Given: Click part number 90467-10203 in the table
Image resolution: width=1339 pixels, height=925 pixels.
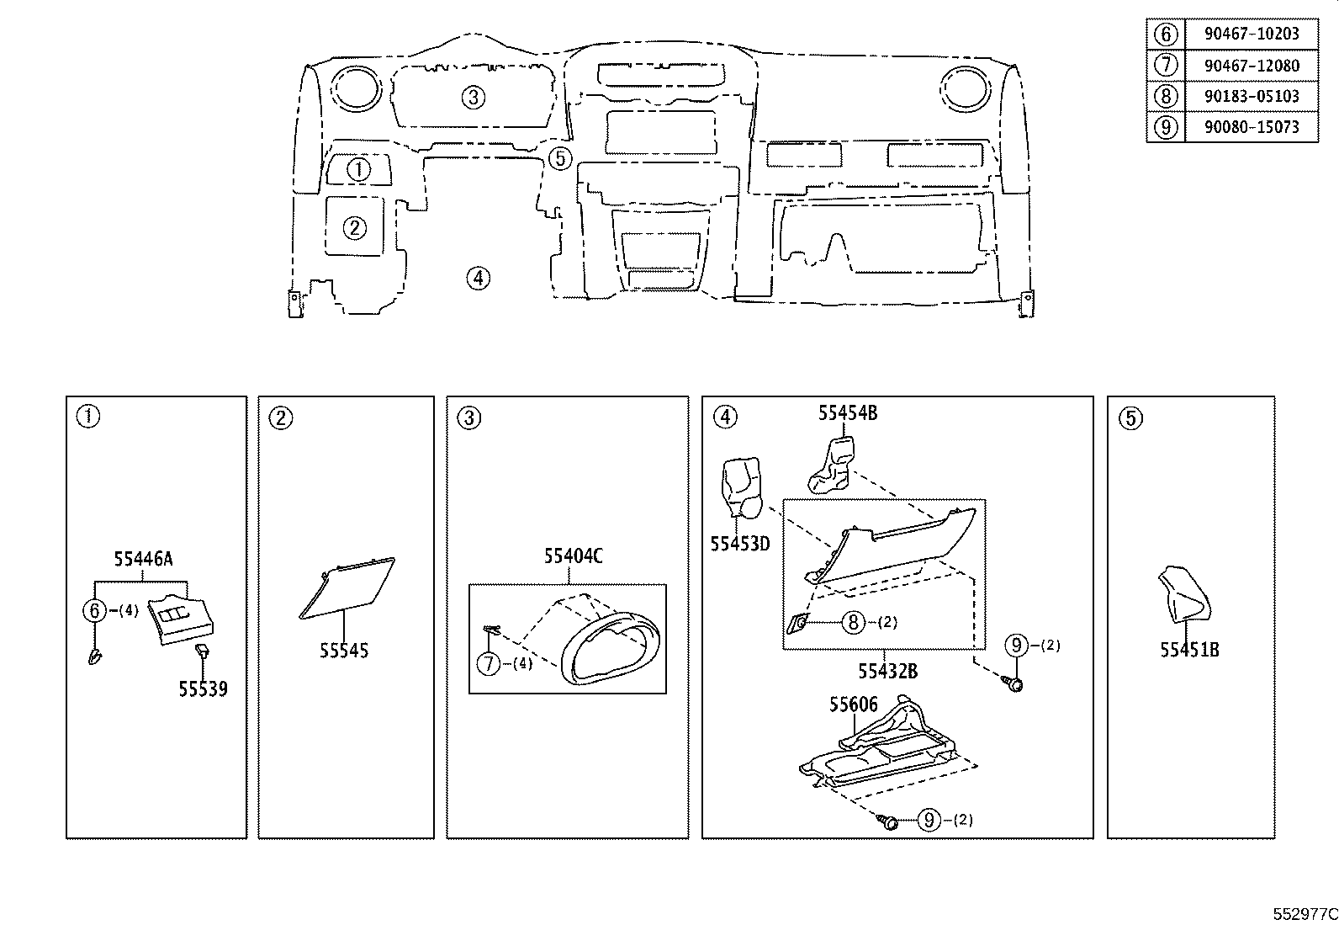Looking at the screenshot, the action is [1252, 34].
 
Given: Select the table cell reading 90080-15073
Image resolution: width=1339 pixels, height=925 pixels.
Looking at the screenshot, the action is [1252, 127].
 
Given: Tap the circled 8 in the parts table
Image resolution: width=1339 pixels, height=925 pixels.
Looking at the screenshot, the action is [1166, 96].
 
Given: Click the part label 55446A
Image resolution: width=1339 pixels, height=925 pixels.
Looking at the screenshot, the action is [144, 559].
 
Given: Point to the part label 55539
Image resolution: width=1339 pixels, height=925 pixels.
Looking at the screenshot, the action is [204, 689].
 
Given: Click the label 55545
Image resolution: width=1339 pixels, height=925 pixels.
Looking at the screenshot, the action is [344, 651].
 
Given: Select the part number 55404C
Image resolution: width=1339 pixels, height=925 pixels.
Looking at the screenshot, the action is [574, 556].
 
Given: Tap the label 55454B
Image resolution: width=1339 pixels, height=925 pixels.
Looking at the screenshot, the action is [848, 412].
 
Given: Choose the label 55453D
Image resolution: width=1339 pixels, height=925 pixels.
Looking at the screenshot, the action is [740, 543].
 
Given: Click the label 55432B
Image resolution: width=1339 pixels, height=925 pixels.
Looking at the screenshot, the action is [887, 672].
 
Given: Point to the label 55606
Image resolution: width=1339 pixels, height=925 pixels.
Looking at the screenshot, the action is [854, 704].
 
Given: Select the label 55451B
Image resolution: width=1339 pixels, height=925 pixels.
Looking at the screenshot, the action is [1189, 649].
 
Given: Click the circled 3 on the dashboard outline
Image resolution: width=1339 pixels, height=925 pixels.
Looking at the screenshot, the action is [474, 97].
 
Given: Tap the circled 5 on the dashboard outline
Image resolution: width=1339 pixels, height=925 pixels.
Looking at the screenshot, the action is [560, 158].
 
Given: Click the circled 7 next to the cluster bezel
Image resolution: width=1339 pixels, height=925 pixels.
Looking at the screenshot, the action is [489, 663].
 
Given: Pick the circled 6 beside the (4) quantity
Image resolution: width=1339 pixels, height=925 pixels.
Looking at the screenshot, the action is [94, 611].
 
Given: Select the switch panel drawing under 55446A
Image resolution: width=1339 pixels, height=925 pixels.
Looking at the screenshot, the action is [181, 619].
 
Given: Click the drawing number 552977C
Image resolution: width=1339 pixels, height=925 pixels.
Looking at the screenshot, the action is [1305, 914].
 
